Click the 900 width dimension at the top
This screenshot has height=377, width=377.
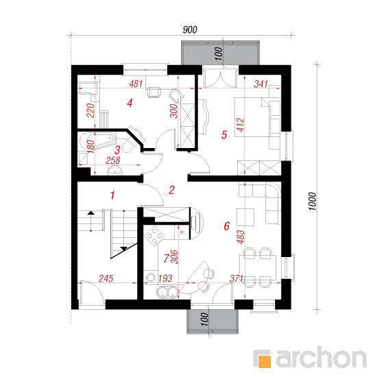[x=190, y=29]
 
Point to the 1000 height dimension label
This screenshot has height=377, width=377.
[x=312, y=202]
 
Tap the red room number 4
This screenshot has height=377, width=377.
[x=130, y=103]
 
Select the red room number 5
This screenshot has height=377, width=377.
[x=224, y=134]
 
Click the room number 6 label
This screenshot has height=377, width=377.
[x=226, y=226]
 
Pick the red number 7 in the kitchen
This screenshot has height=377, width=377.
[x=166, y=258]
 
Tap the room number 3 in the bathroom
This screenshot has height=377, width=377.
[x=117, y=150]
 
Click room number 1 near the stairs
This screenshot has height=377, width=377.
[x=112, y=195]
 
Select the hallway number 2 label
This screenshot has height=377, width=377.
[x=171, y=190]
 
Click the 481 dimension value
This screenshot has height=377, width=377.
[x=136, y=84]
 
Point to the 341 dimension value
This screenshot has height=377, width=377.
[x=261, y=84]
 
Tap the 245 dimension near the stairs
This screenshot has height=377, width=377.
[x=106, y=278]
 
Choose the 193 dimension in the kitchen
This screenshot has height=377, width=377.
[x=165, y=278]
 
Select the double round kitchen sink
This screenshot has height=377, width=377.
[x=167, y=291]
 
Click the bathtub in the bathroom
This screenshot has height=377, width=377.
[x=97, y=141]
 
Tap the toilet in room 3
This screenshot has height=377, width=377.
[x=130, y=143]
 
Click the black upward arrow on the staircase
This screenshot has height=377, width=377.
[x=91, y=212]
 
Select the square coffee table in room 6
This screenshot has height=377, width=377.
[x=245, y=217]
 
